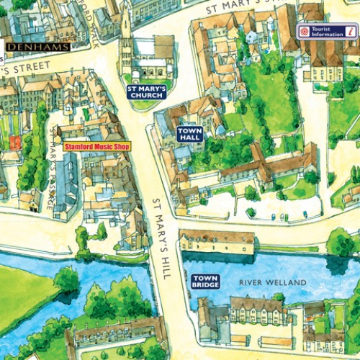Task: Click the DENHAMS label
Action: click(37, 47)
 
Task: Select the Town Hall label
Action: click(191, 133)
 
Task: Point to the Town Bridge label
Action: click(204, 282)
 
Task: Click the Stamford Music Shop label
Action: click(96, 145)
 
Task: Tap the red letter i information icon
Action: click(350, 31)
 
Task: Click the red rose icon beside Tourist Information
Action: click(304, 31)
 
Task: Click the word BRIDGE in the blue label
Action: click(204, 286)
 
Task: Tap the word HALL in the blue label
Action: click(191, 138)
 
